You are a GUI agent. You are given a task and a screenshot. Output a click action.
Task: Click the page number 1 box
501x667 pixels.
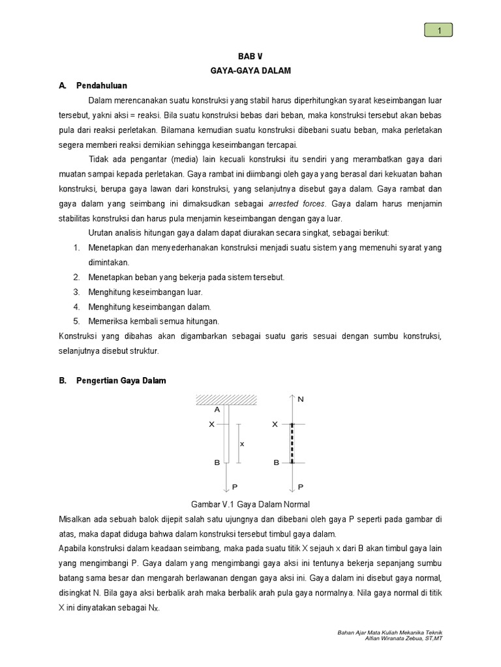(438, 30)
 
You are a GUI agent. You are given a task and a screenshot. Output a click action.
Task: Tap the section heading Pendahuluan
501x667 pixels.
(101, 85)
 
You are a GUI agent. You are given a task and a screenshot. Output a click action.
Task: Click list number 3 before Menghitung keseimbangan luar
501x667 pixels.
(76, 292)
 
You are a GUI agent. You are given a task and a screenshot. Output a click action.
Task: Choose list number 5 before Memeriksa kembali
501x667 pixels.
(76, 321)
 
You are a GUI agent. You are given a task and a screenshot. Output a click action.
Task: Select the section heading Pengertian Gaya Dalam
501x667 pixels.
(121, 381)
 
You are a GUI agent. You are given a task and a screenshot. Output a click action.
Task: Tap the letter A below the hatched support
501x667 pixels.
(217, 410)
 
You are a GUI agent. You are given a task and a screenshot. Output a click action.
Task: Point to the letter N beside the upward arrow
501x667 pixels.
(301, 399)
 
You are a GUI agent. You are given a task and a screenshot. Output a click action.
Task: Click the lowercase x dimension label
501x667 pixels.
(242, 444)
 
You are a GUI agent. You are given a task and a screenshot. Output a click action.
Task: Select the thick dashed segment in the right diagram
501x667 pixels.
(292, 444)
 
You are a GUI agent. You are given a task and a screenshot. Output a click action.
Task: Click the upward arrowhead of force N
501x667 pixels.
(292, 397)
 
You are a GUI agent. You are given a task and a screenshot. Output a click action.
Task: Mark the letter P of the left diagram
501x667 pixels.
(235, 487)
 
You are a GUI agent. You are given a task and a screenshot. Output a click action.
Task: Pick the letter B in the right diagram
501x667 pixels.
(276, 462)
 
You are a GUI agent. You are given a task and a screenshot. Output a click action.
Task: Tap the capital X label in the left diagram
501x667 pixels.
(211, 424)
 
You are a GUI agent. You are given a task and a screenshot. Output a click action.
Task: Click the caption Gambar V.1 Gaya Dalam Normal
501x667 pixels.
(250, 504)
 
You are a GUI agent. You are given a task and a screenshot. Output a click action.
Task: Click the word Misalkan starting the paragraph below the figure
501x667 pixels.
(75, 519)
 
